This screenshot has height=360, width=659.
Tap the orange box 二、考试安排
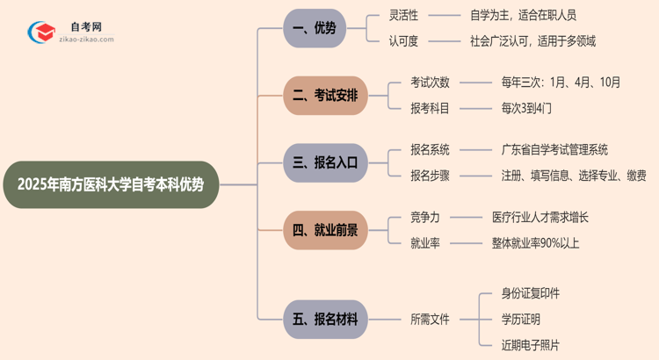coord(325,95)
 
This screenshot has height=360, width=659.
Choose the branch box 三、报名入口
coord(325,162)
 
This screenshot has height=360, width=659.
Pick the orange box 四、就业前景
coord(325,230)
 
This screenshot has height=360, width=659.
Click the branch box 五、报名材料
coord(325,319)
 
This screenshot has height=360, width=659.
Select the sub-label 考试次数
coord(430,83)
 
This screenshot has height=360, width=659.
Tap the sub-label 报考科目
coord(430,108)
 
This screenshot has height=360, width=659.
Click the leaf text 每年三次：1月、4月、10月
coord(561,83)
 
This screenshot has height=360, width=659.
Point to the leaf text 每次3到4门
coord(526,108)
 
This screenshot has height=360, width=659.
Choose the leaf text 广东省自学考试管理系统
coord(554,150)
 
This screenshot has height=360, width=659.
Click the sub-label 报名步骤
coord(430,176)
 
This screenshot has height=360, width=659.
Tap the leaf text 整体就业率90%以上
coord(535,243)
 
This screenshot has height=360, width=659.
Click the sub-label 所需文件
coord(430,319)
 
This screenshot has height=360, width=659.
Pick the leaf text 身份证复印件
coord(530,293)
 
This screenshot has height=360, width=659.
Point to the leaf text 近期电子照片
coord(530,344)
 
